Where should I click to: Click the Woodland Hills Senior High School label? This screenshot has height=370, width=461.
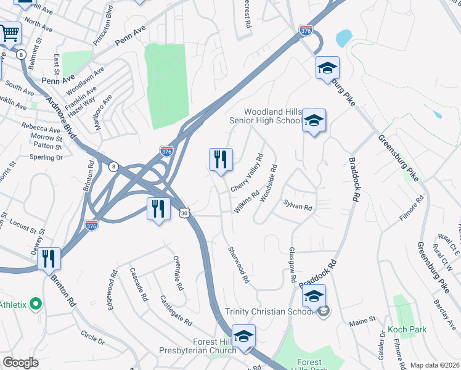pyautogui.click(x=272, y=116)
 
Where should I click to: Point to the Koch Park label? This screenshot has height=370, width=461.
pyautogui.click(x=407, y=330)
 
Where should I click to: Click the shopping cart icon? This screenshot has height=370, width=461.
pyautogui.click(x=9, y=33)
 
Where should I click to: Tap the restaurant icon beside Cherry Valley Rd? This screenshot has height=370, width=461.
pyautogui.click(x=220, y=160)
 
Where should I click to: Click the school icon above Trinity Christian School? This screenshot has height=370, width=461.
pyautogui.click(x=314, y=297)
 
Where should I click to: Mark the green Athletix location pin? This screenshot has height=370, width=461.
pyautogui.click(x=35, y=304)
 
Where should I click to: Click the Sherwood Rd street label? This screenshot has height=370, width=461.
pyautogui.click(x=239, y=265)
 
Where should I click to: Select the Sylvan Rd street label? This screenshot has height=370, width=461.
pyautogui.click(x=298, y=206)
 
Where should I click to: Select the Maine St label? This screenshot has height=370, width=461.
pyautogui.click(x=362, y=321)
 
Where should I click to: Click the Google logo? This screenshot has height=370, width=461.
pyautogui.click(x=20, y=363)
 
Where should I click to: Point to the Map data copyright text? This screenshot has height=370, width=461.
pyautogui.click(x=434, y=365)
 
